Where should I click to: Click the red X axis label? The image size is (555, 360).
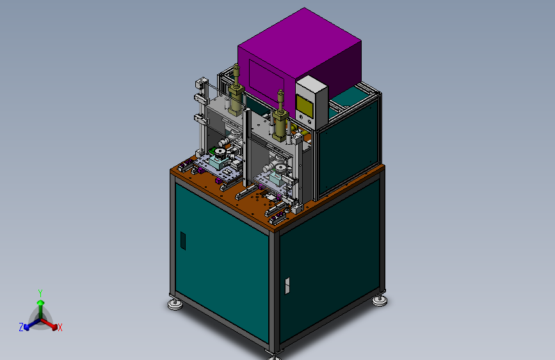coord(60,327)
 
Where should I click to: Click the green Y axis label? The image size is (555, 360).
coord(40,293)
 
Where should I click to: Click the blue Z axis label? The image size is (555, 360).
coord(21,327)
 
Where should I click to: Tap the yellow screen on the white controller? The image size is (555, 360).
coord(305,106)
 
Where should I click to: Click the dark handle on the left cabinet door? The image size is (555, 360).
coord(183,241)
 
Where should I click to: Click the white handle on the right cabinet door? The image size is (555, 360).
coord(287,286)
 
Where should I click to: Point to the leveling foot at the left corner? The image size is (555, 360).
coord(175,304)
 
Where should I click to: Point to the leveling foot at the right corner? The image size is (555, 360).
coord(380,301)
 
